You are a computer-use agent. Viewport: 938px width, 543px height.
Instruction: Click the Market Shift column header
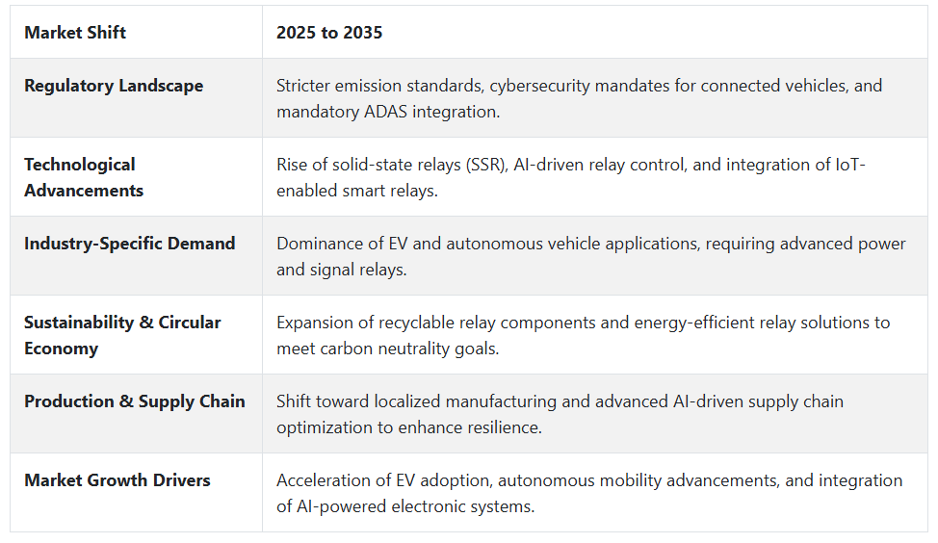[75, 33]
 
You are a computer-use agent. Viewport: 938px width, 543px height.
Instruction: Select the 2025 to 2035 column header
[329, 33]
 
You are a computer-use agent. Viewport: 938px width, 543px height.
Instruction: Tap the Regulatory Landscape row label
[114, 86]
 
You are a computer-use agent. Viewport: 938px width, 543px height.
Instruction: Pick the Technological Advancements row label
[84, 177]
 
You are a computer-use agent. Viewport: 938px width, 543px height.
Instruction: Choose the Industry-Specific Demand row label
[130, 244]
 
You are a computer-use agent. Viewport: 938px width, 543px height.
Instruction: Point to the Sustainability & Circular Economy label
[122, 335]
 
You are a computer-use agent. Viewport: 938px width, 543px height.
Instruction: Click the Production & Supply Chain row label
[135, 401]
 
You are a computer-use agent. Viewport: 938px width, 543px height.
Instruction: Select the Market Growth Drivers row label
[117, 480]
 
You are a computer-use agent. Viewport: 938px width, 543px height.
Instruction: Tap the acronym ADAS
[386, 112]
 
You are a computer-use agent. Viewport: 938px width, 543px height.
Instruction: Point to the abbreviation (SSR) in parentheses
[487, 165]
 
